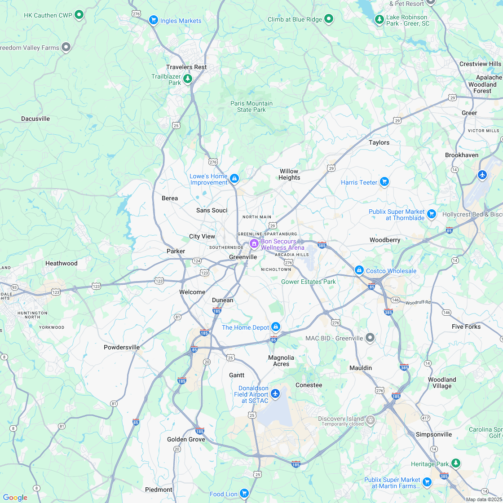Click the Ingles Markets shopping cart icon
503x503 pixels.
click(x=154, y=20)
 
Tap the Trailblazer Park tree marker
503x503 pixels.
click(x=188, y=79)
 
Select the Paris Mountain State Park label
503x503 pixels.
click(x=251, y=106)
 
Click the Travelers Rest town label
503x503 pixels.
click(x=186, y=67)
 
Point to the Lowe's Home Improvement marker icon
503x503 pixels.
click(x=234, y=179)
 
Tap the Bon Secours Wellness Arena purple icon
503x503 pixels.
click(x=254, y=244)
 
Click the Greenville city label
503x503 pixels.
click(x=243, y=257)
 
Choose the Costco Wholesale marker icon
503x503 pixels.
click(x=359, y=270)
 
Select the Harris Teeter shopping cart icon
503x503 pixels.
click(x=384, y=181)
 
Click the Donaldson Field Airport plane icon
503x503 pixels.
click(x=275, y=394)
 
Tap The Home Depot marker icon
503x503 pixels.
click(x=276, y=327)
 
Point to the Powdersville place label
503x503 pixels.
click(x=122, y=347)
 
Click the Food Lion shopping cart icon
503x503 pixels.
click(x=244, y=493)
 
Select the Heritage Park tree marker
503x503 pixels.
click(x=456, y=463)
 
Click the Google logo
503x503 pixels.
click(x=15, y=497)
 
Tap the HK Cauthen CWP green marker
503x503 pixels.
click(x=79, y=15)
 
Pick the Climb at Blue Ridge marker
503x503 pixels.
click(x=329, y=19)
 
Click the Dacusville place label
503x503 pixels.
click(x=35, y=119)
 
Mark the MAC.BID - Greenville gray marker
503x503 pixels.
click(x=370, y=337)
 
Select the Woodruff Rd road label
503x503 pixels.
click(x=418, y=303)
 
